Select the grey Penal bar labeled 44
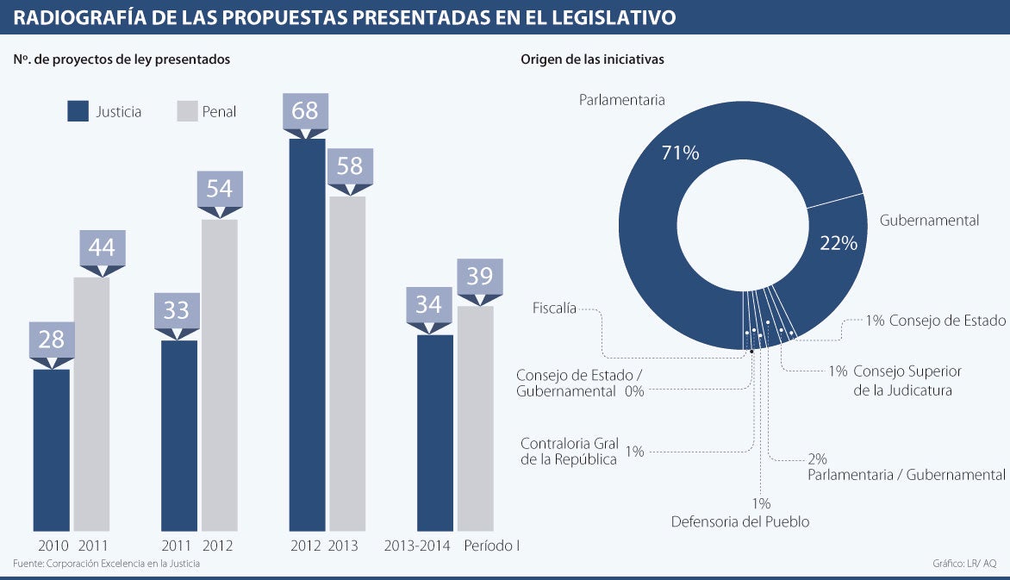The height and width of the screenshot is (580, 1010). pyautogui.click(x=91, y=403)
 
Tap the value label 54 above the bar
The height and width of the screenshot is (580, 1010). pyautogui.click(x=220, y=188)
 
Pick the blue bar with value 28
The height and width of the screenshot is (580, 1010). pyautogui.click(x=51, y=449)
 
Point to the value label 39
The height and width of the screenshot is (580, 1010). pyautogui.click(x=479, y=276)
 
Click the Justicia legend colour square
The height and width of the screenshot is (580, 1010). pyautogui.click(x=78, y=111)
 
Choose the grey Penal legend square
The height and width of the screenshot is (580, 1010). pyautogui.click(x=187, y=111)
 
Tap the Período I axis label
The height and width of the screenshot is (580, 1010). pyautogui.click(x=492, y=546)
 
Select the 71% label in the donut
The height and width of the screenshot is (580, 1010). pyautogui.click(x=680, y=153)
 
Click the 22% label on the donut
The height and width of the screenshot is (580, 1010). pyautogui.click(x=839, y=244)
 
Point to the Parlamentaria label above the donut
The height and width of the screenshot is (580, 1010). pyautogui.click(x=621, y=100)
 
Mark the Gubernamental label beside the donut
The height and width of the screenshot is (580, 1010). pyautogui.click(x=929, y=221)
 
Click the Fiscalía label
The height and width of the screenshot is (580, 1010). pyautogui.click(x=554, y=308)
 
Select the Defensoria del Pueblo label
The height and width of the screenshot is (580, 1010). pyautogui.click(x=740, y=521)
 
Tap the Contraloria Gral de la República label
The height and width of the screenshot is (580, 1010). pyautogui.click(x=570, y=452)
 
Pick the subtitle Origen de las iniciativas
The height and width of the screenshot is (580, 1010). pyautogui.click(x=591, y=59)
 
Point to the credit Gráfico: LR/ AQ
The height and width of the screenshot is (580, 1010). pyautogui.click(x=963, y=564)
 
